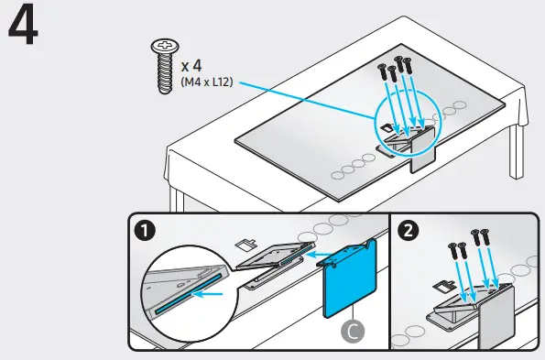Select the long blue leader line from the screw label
[x=302, y=102]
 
